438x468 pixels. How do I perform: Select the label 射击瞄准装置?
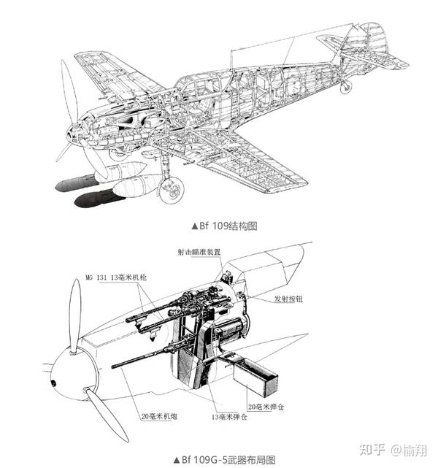(x=199, y=253)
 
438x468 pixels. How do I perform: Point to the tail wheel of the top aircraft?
(x=346, y=87)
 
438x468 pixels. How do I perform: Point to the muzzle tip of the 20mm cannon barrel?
(x=114, y=365)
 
